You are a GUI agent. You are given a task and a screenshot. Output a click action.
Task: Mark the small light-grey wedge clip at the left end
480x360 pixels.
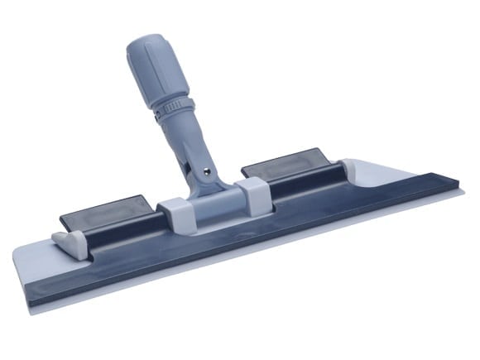coord(68,242)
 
